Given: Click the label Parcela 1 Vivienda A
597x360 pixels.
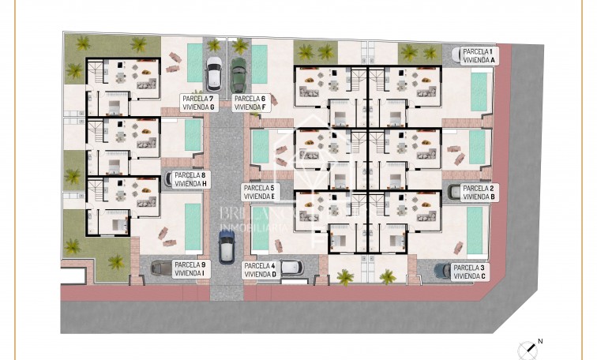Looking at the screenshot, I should pyautogui.click(x=479, y=54).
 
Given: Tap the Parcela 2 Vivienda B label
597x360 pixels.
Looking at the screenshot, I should pyautogui.click(x=479, y=192).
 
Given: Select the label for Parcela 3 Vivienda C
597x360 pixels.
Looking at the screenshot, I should pyautogui.click(x=471, y=272).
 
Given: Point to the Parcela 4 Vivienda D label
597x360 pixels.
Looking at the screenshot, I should pyautogui.click(x=260, y=270).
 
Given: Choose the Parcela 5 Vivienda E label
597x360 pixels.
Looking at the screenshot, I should pyautogui.click(x=259, y=192).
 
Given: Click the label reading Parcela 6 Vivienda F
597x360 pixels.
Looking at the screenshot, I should pyautogui.click(x=252, y=102).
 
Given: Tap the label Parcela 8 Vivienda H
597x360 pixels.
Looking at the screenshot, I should pyautogui.click(x=190, y=179).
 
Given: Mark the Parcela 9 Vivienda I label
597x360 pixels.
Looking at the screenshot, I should pyautogui.click(x=190, y=269).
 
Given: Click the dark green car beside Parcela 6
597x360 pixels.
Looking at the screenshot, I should pyautogui.click(x=238, y=74).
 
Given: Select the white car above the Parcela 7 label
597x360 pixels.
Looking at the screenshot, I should pyautogui.click(x=214, y=73).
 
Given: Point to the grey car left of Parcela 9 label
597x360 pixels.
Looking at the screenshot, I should pyautogui.click(x=160, y=268).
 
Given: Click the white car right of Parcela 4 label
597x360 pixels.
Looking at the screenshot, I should pyautogui.click(x=290, y=268).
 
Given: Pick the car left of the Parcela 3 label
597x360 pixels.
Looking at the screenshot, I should pyautogui.click(x=442, y=271).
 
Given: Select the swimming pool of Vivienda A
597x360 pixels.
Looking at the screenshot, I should pyautogui.click(x=479, y=92).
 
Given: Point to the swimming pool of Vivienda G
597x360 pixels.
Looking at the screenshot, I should pyautogui.click(x=195, y=62).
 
